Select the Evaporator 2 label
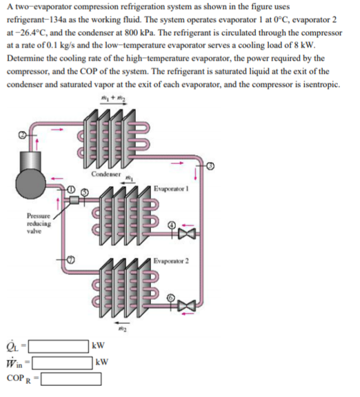click(x=172, y=260)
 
